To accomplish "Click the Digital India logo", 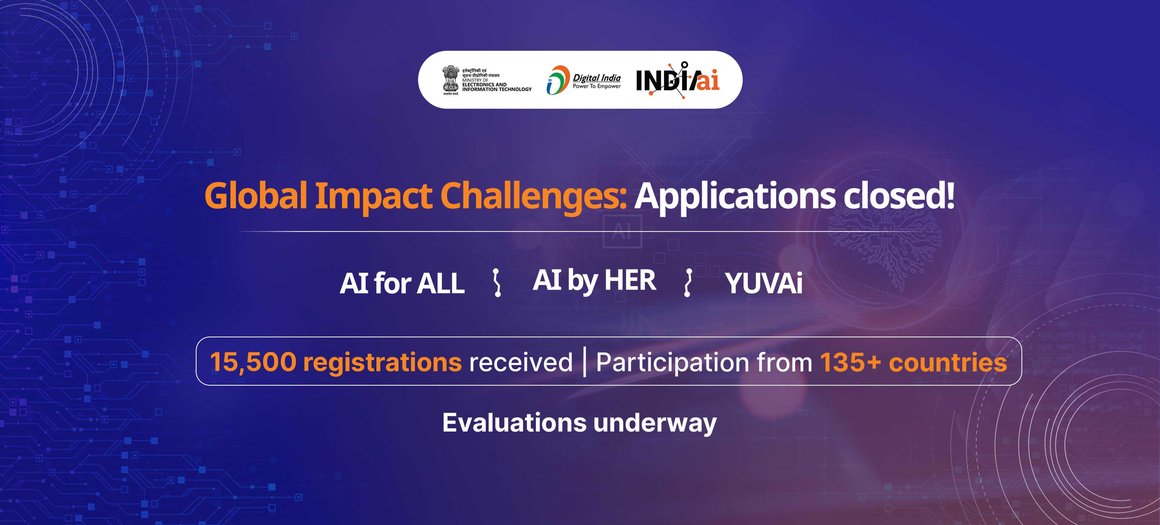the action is pyautogui.click(x=584, y=80).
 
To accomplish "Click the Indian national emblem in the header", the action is pyautogui.click(x=450, y=80).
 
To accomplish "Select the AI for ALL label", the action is pyautogui.click(x=402, y=283).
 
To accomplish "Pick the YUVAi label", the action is pyautogui.click(x=764, y=284).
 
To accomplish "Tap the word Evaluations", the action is pyautogui.click(x=514, y=423).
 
